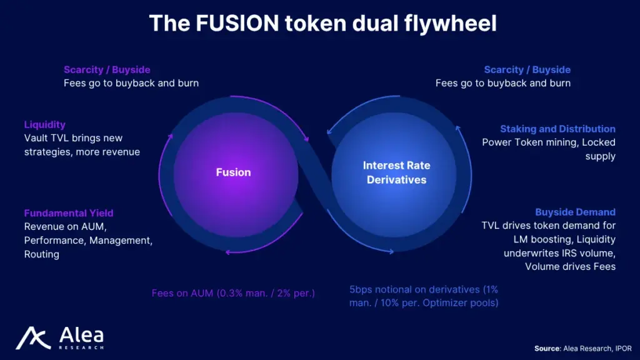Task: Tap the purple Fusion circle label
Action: tap(233, 172)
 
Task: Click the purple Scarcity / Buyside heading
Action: tap(107, 70)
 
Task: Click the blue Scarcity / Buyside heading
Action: tap(527, 70)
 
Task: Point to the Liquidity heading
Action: tap(45, 125)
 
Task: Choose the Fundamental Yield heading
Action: tap(69, 213)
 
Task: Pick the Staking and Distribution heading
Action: tap(557, 129)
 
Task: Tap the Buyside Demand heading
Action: tap(575, 212)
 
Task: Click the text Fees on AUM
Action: tap(182, 292)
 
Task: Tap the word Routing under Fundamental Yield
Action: tap(42, 254)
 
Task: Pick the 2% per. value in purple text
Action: tap(294, 292)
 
